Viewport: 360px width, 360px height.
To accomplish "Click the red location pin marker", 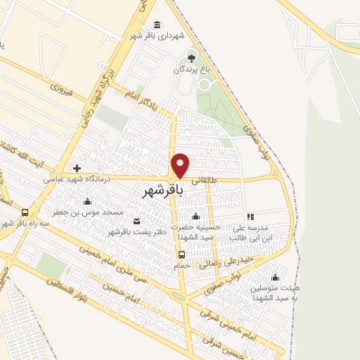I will click(x=181, y=166).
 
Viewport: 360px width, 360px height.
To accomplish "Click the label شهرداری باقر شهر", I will click(x=156, y=36).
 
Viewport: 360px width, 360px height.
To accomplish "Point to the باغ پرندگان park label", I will click(x=191, y=70).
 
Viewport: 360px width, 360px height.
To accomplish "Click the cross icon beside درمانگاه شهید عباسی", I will click(x=77, y=169).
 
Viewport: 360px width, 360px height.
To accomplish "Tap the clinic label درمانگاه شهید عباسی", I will click(x=71, y=179).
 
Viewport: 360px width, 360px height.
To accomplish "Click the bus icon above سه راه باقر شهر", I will click(x=25, y=212).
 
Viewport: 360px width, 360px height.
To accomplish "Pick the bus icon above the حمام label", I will click(x=182, y=255).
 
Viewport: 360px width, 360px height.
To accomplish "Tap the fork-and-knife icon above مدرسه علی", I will click(x=250, y=217).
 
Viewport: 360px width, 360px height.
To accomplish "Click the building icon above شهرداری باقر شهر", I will click(x=156, y=25).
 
